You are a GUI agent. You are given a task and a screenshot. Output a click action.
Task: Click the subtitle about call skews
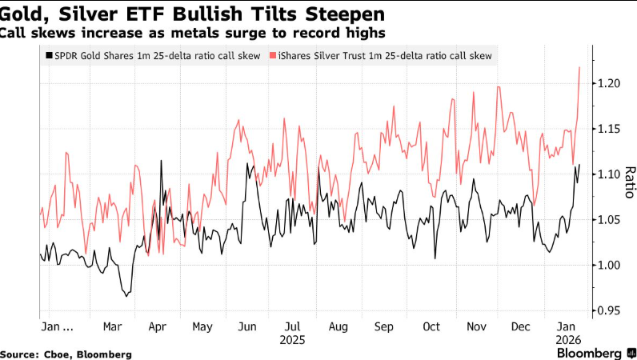click(x=192, y=33)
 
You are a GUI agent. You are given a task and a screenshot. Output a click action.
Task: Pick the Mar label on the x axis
click(x=112, y=327)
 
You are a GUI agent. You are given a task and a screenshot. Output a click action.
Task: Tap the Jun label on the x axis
click(x=248, y=327)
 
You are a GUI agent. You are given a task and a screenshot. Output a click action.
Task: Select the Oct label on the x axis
click(x=431, y=327)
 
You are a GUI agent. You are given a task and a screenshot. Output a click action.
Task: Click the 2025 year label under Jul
click(x=294, y=339)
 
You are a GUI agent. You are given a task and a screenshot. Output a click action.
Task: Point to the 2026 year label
click(x=568, y=339)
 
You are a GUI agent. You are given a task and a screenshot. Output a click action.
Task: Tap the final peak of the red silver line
click(x=579, y=67)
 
